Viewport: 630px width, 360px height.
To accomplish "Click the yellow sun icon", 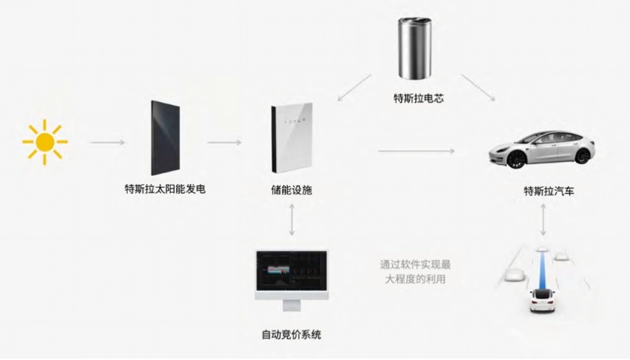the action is coord(44,142).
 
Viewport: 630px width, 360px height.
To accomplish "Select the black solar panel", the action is coord(165,137).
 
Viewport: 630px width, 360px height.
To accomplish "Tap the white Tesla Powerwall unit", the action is coord(291,137).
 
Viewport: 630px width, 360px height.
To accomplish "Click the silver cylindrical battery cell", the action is coord(415,48).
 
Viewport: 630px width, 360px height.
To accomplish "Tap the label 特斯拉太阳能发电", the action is coord(165,189).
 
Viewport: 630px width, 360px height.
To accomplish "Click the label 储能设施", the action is coord(291,190).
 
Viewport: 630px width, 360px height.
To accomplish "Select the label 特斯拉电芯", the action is coord(419,98).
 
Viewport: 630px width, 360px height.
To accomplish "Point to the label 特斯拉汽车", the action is coord(549,191).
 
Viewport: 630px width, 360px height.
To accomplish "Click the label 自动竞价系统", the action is coord(291,335).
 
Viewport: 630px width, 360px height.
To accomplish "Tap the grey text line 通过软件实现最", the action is coord(416,265).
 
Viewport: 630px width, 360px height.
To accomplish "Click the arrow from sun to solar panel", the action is coord(108,142).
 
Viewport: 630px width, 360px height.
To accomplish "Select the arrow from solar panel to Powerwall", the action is coord(224,142).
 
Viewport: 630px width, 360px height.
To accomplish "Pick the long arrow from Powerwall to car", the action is coord(416,151).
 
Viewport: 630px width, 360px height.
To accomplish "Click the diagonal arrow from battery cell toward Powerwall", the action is coord(354,87).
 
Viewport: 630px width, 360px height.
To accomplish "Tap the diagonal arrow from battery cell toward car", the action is coord(478,87).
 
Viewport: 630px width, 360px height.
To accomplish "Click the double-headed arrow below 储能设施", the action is coord(292,220).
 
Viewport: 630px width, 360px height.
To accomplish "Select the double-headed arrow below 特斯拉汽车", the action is coord(543,220).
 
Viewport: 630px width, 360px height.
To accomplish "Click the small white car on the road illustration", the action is coord(542,299).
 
